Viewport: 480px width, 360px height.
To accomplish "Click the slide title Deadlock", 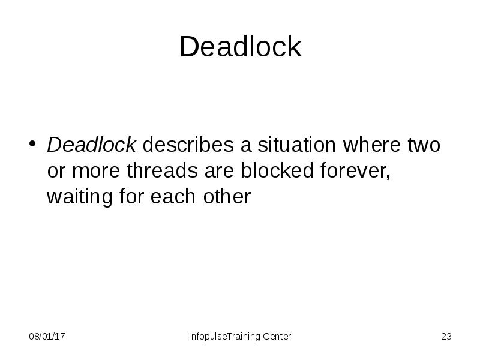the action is coord(241,46).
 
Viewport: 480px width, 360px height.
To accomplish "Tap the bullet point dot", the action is coord(32,143).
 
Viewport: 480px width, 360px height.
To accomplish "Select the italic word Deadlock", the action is coord(91,145).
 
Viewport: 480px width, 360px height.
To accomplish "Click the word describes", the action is coord(188,145).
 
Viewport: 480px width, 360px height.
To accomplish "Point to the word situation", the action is coord(296,145).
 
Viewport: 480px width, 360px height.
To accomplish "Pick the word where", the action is coord(371,145).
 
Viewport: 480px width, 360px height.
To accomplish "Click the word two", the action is coord(424,145).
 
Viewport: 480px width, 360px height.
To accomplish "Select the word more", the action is coord(96,170).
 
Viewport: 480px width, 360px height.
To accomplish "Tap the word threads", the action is coord(162,170).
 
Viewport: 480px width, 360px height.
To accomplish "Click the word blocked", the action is coord(277,170).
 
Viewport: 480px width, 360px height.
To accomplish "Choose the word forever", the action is coord(353,170).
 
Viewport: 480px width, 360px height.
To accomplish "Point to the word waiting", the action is coord(80,197).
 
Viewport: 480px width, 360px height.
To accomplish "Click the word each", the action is coord(173,196).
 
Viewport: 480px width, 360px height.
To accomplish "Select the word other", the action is coord(227,196).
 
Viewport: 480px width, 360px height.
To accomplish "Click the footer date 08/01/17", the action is coord(47,337).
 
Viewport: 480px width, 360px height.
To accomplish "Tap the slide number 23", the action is coord(446,337).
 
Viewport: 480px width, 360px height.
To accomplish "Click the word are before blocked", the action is coord(219,172).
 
